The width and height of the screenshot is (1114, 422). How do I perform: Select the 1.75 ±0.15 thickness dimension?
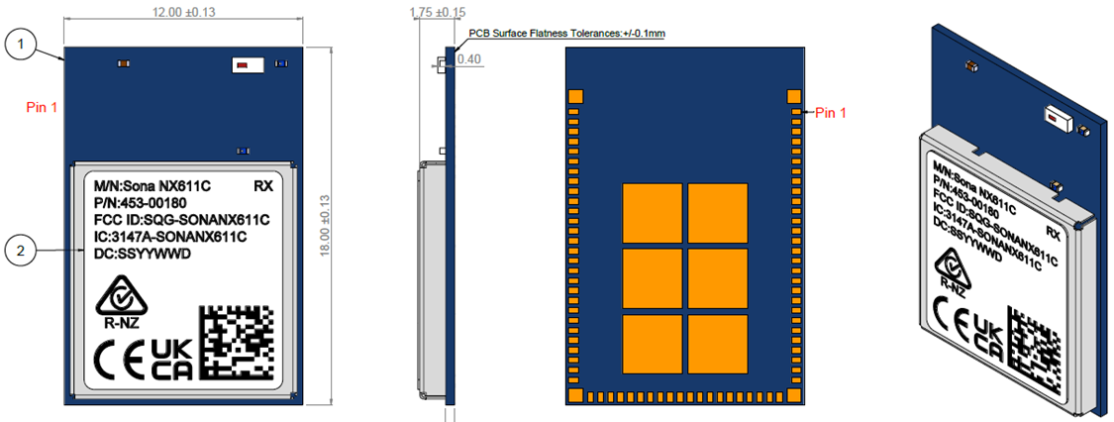(437, 12)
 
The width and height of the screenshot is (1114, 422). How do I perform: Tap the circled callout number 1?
(22, 44)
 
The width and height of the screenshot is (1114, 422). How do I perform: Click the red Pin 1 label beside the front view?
(43, 106)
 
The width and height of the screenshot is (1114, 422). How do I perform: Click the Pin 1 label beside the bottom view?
(832, 113)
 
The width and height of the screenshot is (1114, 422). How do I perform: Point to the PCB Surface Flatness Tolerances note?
(566, 34)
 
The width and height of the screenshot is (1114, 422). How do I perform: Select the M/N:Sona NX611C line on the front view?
(152, 185)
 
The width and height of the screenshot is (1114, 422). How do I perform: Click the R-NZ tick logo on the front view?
(120, 301)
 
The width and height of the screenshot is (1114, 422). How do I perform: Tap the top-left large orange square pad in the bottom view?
(653, 212)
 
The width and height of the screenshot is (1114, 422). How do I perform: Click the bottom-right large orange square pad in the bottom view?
(718, 343)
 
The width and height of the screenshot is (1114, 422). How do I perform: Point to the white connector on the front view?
(247, 65)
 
